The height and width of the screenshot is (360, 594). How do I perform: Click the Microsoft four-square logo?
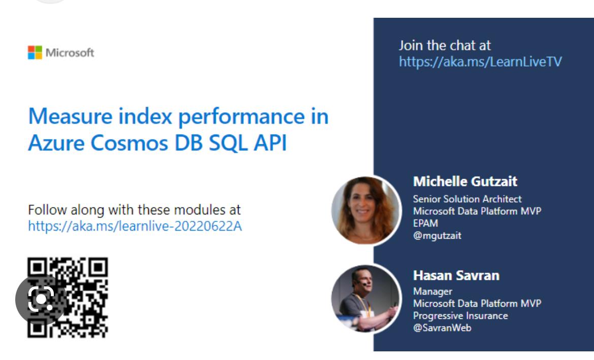click(x=35, y=53)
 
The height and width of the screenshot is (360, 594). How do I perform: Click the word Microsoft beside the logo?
click(x=70, y=53)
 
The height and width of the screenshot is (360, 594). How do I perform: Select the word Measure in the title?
click(x=70, y=116)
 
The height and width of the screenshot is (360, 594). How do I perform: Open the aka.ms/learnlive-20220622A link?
click(x=135, y=226)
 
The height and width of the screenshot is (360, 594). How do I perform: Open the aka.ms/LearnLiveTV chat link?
click(x=480, y=62)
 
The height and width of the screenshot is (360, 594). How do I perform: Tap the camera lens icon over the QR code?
click(x=41, y=300)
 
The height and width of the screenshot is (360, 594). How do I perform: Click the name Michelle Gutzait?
click(x=465, y=181)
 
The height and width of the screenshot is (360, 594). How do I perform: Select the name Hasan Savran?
click(x=456, y=276)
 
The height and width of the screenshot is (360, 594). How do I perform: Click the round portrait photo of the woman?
click(x=366, y=210)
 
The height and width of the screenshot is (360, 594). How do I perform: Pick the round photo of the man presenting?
click(x=366, y=299)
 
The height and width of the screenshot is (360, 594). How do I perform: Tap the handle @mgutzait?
click(x=437, y=236)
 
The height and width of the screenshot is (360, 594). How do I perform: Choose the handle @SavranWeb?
click(x=442, y=328)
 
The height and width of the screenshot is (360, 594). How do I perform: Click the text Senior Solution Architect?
click(x=467, y=199)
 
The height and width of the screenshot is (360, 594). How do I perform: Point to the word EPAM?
click(x=425, y=223)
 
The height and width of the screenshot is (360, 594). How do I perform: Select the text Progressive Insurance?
click(x=460, y=316)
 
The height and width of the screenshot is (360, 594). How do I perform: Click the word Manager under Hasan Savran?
click(x=433, y=291)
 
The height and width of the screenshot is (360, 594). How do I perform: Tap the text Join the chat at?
click(x=445, y=46)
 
